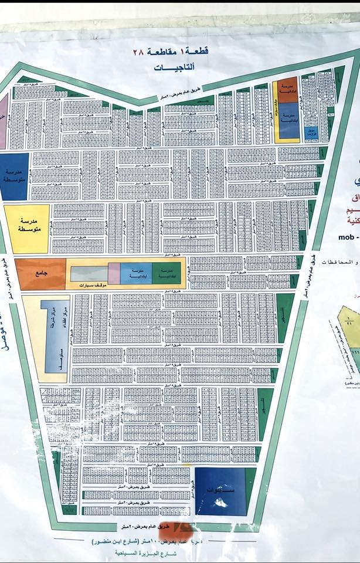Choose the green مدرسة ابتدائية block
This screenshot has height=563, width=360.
coord(168,272)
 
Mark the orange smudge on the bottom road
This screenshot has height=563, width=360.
coord(186,527)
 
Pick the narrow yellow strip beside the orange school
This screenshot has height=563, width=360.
coord(274,111)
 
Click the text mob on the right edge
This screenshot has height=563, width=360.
coord(348,238)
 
